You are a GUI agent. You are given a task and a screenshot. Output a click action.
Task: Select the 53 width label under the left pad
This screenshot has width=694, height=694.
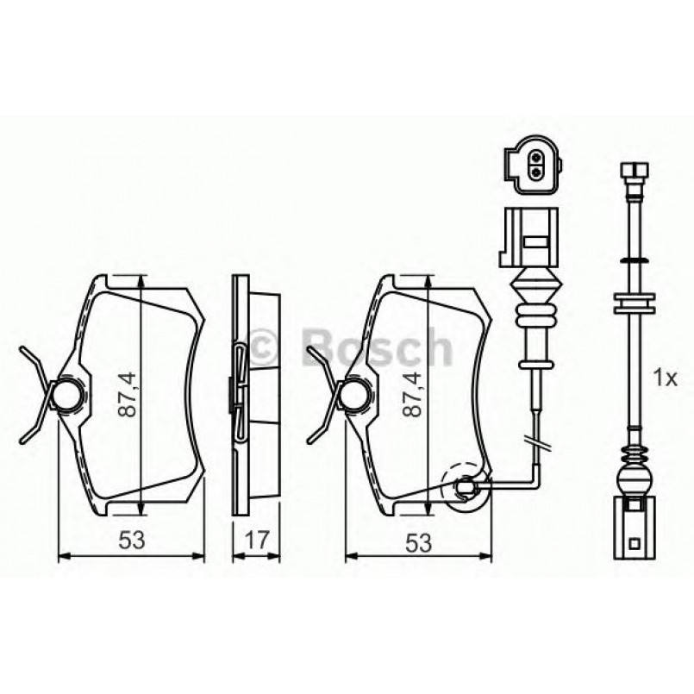click(x=130, y=541)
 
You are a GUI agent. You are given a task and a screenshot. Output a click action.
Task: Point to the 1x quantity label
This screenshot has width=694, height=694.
click(x=666, y=377)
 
